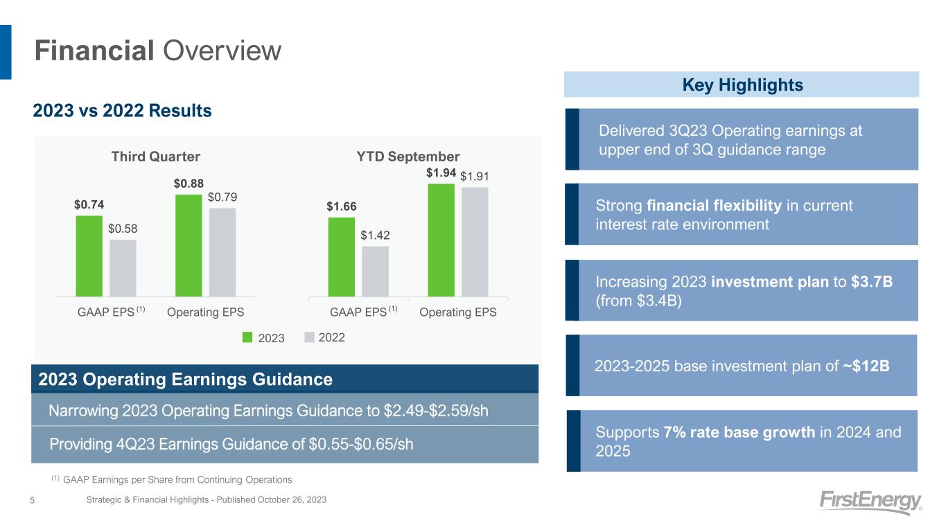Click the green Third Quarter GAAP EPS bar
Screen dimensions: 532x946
point(89,256)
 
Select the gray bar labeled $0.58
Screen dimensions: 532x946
point(123,267)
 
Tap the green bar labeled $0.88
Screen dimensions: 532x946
point(189,245)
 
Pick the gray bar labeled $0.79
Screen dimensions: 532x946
point(222,252)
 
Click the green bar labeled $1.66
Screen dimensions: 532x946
point(341,257)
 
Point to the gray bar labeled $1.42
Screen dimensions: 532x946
point(375,271)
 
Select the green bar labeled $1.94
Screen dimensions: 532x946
point(441,240)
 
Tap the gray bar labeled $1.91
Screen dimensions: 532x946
point(475,242)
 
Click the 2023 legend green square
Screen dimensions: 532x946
point(248,337)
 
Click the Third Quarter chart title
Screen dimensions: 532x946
point(156,156)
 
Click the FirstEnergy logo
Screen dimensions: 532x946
point(870,502)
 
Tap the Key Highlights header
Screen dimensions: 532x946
point(742,85)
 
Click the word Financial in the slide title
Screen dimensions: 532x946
point(94,51)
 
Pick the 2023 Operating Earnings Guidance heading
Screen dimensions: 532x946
point(186,380)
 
